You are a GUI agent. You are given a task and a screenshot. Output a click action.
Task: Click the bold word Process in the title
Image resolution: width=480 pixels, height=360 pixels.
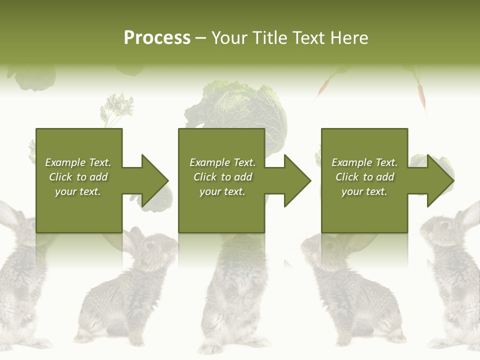tap(157, 38)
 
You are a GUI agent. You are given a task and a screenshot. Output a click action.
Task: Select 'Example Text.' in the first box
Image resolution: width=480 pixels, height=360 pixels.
tap(78, 162)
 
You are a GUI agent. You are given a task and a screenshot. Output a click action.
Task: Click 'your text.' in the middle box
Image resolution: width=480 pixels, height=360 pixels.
tap(222, 191)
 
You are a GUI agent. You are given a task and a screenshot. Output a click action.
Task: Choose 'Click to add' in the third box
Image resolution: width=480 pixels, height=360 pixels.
tap(364, 177)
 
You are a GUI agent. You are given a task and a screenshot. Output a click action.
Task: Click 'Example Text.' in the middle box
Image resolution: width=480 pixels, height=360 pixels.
tap(222, 162)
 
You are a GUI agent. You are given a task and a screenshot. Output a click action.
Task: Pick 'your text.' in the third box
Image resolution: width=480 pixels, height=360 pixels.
tap(364, 191)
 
